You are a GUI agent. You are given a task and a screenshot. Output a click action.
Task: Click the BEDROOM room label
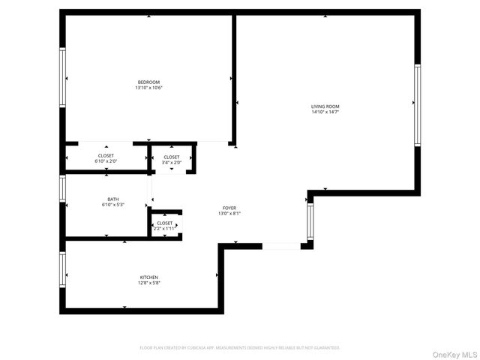click(x=148, y=82)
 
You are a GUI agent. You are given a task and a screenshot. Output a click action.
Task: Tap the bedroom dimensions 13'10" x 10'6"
click(x=148, y=88)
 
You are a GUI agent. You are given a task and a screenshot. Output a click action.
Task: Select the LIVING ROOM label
click(x=325, y=106)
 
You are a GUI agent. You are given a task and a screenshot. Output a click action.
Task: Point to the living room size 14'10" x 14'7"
click(x=325, y=112)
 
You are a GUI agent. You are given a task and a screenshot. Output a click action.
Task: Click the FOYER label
click(x=229, y=208)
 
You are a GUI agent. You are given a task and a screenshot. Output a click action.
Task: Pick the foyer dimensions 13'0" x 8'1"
click(x=229, y=214)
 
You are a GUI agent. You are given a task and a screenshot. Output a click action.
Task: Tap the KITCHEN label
click(x=148, y=277)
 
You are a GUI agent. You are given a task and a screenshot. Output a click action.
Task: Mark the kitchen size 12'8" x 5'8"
click(x=148, y=283)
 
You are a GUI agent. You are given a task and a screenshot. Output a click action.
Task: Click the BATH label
click(x=113, y=199)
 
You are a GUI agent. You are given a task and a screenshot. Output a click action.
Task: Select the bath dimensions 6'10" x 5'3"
click(x=113, y=205)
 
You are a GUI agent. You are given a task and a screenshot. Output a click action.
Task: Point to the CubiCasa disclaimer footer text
click(x=240, y=347)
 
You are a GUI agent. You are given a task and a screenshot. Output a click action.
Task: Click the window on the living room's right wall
click(x=417, y=104)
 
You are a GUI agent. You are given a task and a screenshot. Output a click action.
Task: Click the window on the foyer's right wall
click(x=310, y=222)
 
